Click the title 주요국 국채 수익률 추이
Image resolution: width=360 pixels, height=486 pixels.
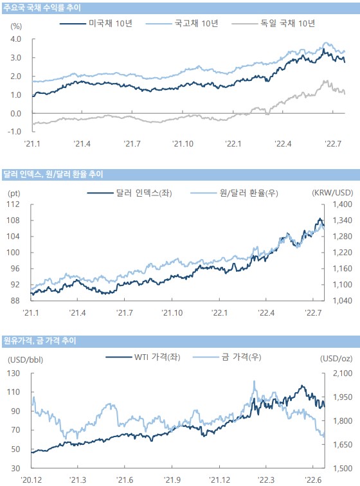pyautogui.click(x=42, y=8)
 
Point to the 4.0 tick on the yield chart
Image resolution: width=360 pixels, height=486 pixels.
pyautogui.click(x=15, y=39)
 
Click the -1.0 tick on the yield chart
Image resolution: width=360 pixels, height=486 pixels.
pyautogui.click(x=14, y=131)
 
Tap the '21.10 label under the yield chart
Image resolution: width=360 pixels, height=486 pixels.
pyautogui.click(x=183, y=144)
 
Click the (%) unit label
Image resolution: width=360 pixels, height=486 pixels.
pyautogui.click(x=16, y=26)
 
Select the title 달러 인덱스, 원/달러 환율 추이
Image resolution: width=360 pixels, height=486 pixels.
pyautogui.click(x=53, y=174)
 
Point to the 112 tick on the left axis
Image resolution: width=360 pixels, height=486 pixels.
pyautogui.click(x=13, y=204)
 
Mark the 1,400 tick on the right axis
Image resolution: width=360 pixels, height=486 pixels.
pyautogui.click(x=343, y=204)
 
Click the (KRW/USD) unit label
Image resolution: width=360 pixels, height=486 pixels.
pyautogui.click(x=332, y=193)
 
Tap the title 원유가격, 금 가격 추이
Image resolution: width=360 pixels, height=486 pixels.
pyautogui.click(x=39, y=341)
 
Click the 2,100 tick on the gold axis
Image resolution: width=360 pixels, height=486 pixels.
pyautogui.click(x=343, y=373)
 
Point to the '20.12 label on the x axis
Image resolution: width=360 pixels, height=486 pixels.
pyautogui.click(x=31, y=480)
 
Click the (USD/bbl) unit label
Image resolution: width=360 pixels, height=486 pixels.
pyautogui.click(x=26, y=360)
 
